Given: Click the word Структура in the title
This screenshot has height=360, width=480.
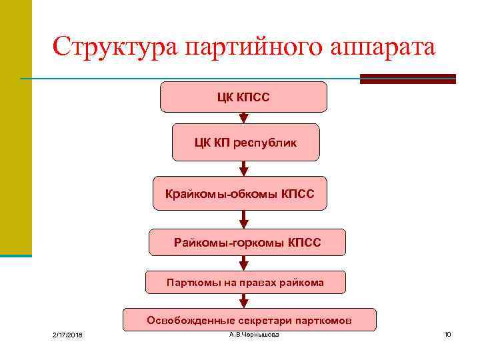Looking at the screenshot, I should [x=115, y=47].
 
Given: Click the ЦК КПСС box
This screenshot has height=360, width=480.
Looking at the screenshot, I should [x=243, y=97].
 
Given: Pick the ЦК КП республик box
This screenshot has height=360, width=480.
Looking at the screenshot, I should [x=246, y=143].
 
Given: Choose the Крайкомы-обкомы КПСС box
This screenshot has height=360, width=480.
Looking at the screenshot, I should [x=240, y=194].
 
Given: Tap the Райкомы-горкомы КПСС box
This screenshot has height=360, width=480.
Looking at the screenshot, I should [x=247, y=243].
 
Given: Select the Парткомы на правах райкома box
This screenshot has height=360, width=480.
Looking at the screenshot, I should [x=245, y=282].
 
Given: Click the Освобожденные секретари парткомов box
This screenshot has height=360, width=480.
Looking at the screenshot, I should [x=249, y=320].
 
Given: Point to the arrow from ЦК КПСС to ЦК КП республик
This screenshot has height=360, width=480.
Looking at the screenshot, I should [x=244, y=118].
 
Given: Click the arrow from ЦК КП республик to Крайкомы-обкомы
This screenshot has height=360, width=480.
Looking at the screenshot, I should [x=244, y=169].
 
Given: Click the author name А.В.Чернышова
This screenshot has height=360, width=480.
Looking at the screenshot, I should [x=254, y=334].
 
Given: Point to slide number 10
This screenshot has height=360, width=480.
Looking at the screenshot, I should [x=447, y=334].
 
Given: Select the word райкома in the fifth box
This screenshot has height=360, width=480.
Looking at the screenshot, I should [x=305, y=282].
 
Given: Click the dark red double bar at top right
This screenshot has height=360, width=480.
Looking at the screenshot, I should [x=407, y=79].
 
